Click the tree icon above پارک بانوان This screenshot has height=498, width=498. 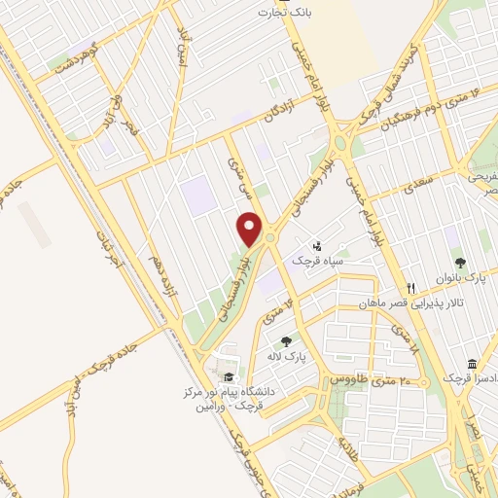point(460,263)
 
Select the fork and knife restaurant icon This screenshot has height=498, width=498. point(410,287)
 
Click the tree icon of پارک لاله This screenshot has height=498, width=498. point(286,340)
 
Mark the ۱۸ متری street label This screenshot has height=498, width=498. point(403,342)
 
